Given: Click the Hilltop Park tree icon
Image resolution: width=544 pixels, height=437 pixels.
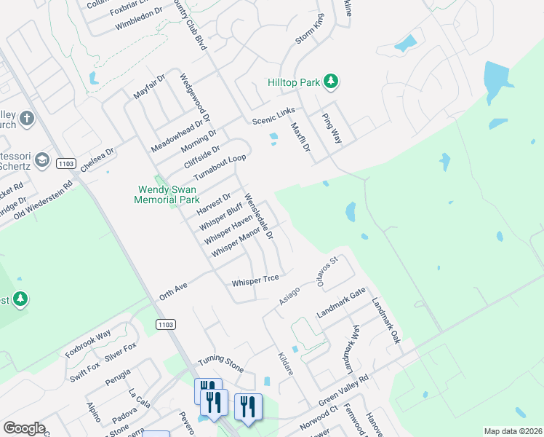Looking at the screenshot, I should point(331,81).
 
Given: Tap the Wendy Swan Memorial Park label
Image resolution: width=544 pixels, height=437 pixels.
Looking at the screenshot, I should point(169,194).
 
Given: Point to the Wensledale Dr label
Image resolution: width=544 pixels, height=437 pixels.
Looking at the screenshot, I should point(259,216).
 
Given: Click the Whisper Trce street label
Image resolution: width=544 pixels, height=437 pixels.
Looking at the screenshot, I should point(255,281).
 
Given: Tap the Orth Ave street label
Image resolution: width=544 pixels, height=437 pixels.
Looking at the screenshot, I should point(173,291).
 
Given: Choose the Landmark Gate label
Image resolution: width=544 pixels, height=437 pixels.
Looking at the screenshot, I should point(341,303).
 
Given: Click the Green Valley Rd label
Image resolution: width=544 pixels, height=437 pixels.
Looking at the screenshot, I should point(344,392).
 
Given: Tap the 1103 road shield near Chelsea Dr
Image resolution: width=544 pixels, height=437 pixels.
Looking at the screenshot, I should point(65,165).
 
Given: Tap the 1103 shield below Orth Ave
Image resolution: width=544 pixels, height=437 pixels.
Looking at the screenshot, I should point(165,324).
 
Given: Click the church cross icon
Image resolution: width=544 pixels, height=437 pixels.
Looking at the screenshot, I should point(27,118).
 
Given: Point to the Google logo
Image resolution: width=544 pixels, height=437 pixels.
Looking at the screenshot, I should point(23,428).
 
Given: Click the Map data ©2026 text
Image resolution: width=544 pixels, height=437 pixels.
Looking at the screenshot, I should point(512,431).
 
